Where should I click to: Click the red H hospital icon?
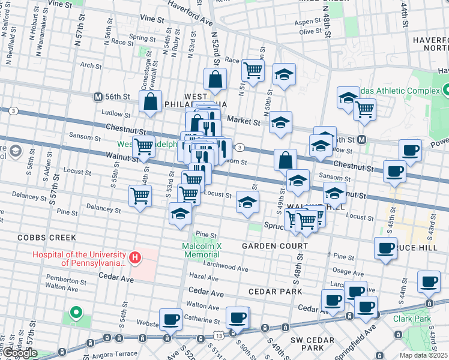pyautogui.click(x=136, y=258)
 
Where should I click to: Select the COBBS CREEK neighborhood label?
pyautogui.click(x=41, y=237)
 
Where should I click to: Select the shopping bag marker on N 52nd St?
pyautogui.click(x=215, y=80)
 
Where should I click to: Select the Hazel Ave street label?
pyautogui.click(x=203, y=278)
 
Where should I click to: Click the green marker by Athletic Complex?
pyautogui.click(x=445, y=91)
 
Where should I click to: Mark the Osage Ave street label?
pyautogui.click(x=344, y=271)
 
